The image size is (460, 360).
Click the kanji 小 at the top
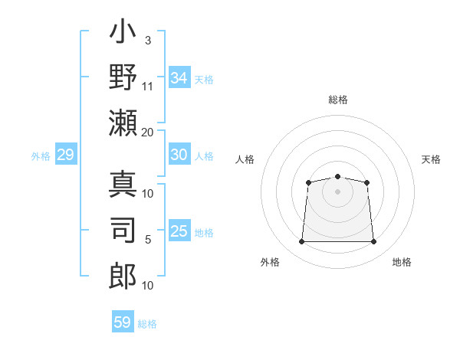click(x=123, y=35)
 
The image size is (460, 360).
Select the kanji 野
click(x=123, y=78)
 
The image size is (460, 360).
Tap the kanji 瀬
click(x=123, y=123)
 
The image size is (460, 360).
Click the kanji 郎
click(x=123, y=274)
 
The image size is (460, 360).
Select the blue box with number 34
click(x=179, y=78)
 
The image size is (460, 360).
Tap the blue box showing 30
click(x=179, y=155)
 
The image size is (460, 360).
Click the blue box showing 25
click(x=179, y=231)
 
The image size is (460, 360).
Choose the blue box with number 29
click(x=65, y=155)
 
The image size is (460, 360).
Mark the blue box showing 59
click(x=123, y=322)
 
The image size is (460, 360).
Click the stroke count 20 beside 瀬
click(x=147, y=132)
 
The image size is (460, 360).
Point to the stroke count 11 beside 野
click(x=148, y=85)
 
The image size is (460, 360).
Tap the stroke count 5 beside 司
click(x=148, y=240)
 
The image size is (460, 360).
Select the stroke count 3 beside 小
click(x=148, y=39)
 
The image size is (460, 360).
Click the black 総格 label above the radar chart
click(x=338, y=100)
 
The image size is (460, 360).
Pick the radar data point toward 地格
click(x=374, y=242)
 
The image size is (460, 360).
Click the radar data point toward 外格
click(x=301, y=242)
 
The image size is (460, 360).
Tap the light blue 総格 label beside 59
click(x=147, y=324)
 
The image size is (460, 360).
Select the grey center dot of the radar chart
click(x=337, y=191)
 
